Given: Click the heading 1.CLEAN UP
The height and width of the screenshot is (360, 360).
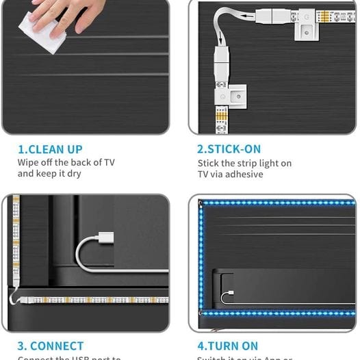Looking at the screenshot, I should [x=50, y=149].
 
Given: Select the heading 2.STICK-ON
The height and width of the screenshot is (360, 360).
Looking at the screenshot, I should [x=229, y=149].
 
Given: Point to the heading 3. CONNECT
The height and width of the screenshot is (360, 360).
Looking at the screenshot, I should [x=51, y=346].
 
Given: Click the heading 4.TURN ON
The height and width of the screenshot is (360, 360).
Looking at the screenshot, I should [x=228, y=346].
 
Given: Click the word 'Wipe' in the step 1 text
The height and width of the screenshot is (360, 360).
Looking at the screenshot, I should [x=29, y=162].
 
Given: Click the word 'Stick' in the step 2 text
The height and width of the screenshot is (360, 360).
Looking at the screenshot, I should [x=209, y=163].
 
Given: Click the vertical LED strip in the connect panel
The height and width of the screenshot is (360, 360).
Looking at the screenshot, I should [x=16, y=240].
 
